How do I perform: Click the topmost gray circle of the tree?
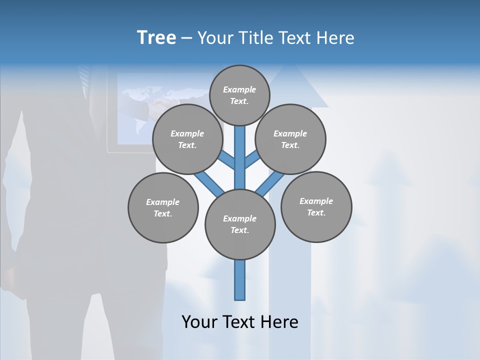tap(239, 95)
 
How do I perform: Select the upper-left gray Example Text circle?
tap(187, 139)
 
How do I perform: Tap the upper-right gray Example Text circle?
tap(290, 139)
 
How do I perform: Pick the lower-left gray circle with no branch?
tap(163, 207)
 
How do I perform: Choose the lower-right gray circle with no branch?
tap(316, 206)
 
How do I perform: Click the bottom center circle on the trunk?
tap(240, 224)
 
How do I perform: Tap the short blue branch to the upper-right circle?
tap(252, 160)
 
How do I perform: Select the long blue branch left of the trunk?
tap(208, 182)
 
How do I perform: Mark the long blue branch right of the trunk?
tap(270, 183)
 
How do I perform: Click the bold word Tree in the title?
tap(156, 37)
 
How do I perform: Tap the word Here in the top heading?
tap(337, 38)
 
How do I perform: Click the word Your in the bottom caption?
tap(199, 322)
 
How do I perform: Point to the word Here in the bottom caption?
tap(280, 322)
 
